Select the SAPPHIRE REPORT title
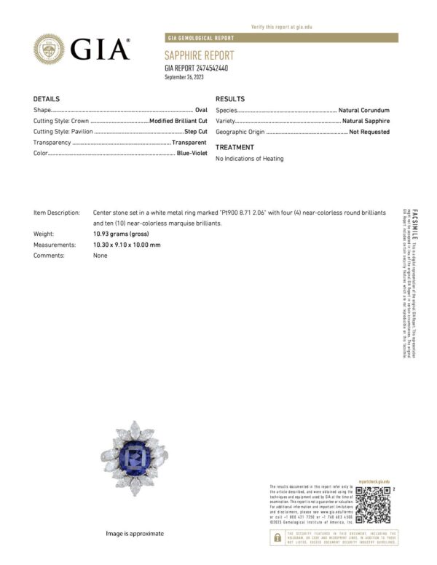pyautogui.click(x=200, y=56)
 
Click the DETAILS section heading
pyautogui.click(x=47, y=99)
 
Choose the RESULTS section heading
pyautogui.click(x=230, y=99)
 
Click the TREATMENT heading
pyautogui.click(x=235, y=147)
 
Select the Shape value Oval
pyautogui.click(x=201, y=110)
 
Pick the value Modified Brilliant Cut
pyautogui.click(x=178, y=121)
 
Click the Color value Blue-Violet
pyautogui.click(x=192, y=154)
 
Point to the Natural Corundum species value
pyautogui.click(x=364, y=110)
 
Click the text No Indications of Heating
pyautogui.click(x=250, y=159)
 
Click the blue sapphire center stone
pyautogui.click(x=135, y=458)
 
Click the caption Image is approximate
pyautogui.click(x=135, y=534)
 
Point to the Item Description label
pyautogui.click(x=57, y=212)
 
